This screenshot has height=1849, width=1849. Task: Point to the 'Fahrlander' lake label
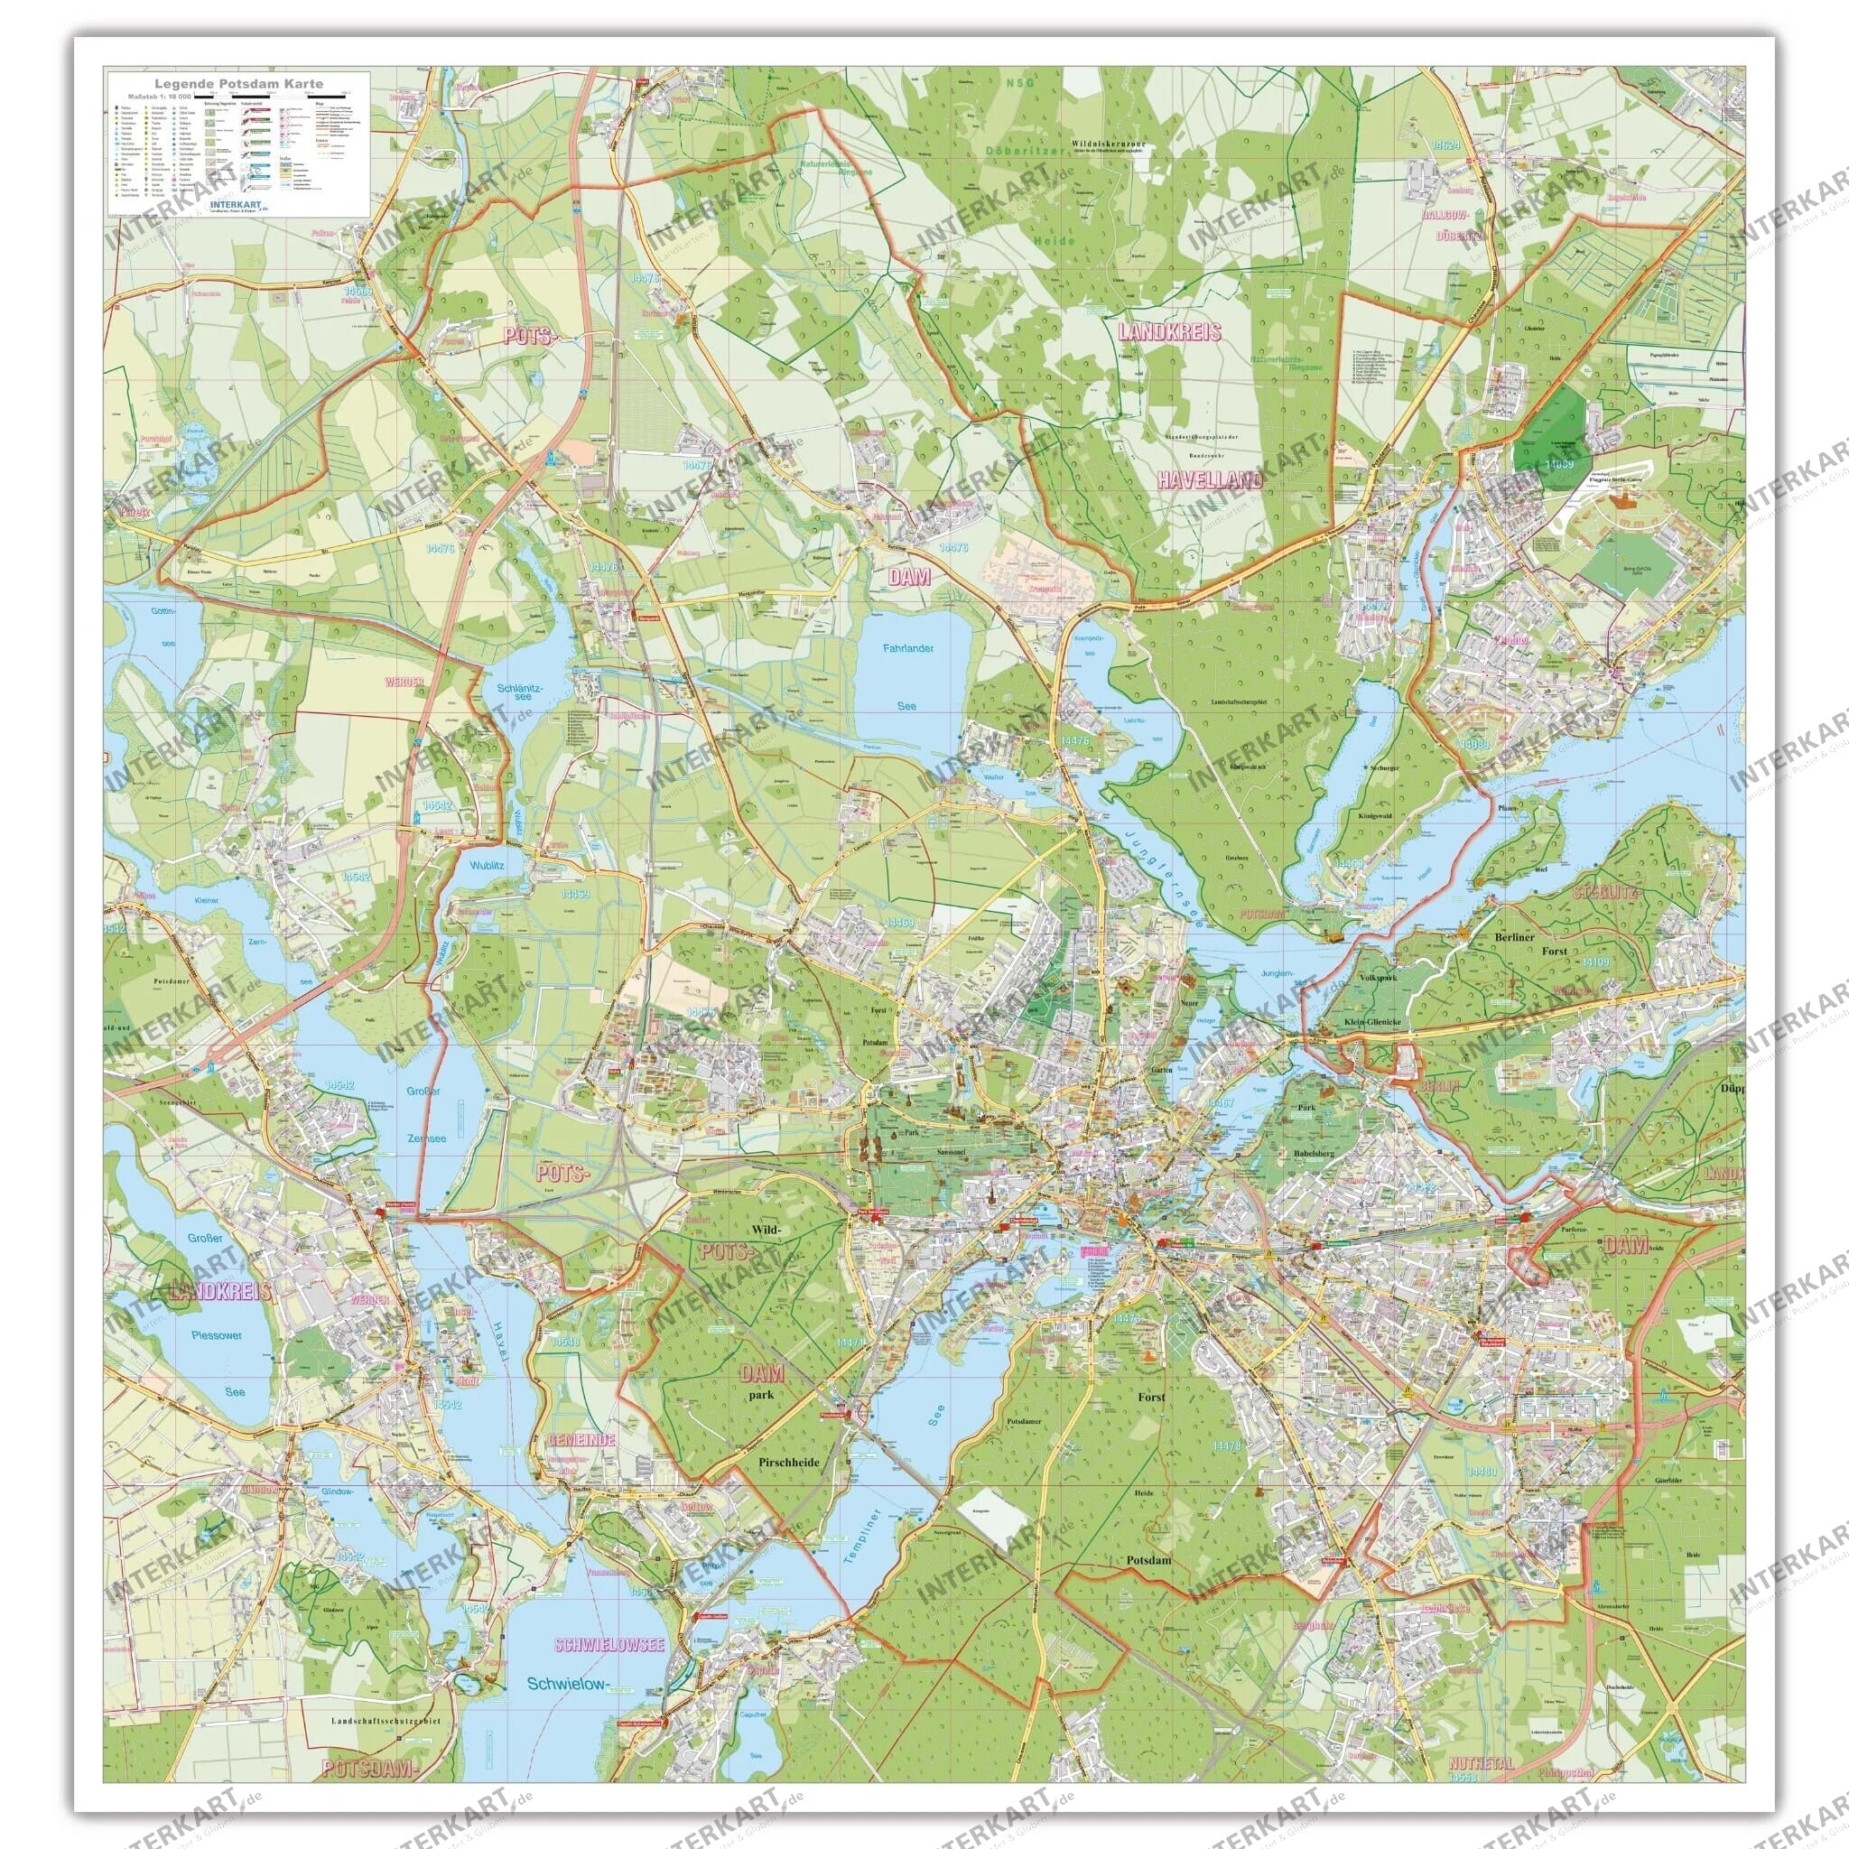point(907,649)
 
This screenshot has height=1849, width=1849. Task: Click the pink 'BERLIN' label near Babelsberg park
point(1438,1086)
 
